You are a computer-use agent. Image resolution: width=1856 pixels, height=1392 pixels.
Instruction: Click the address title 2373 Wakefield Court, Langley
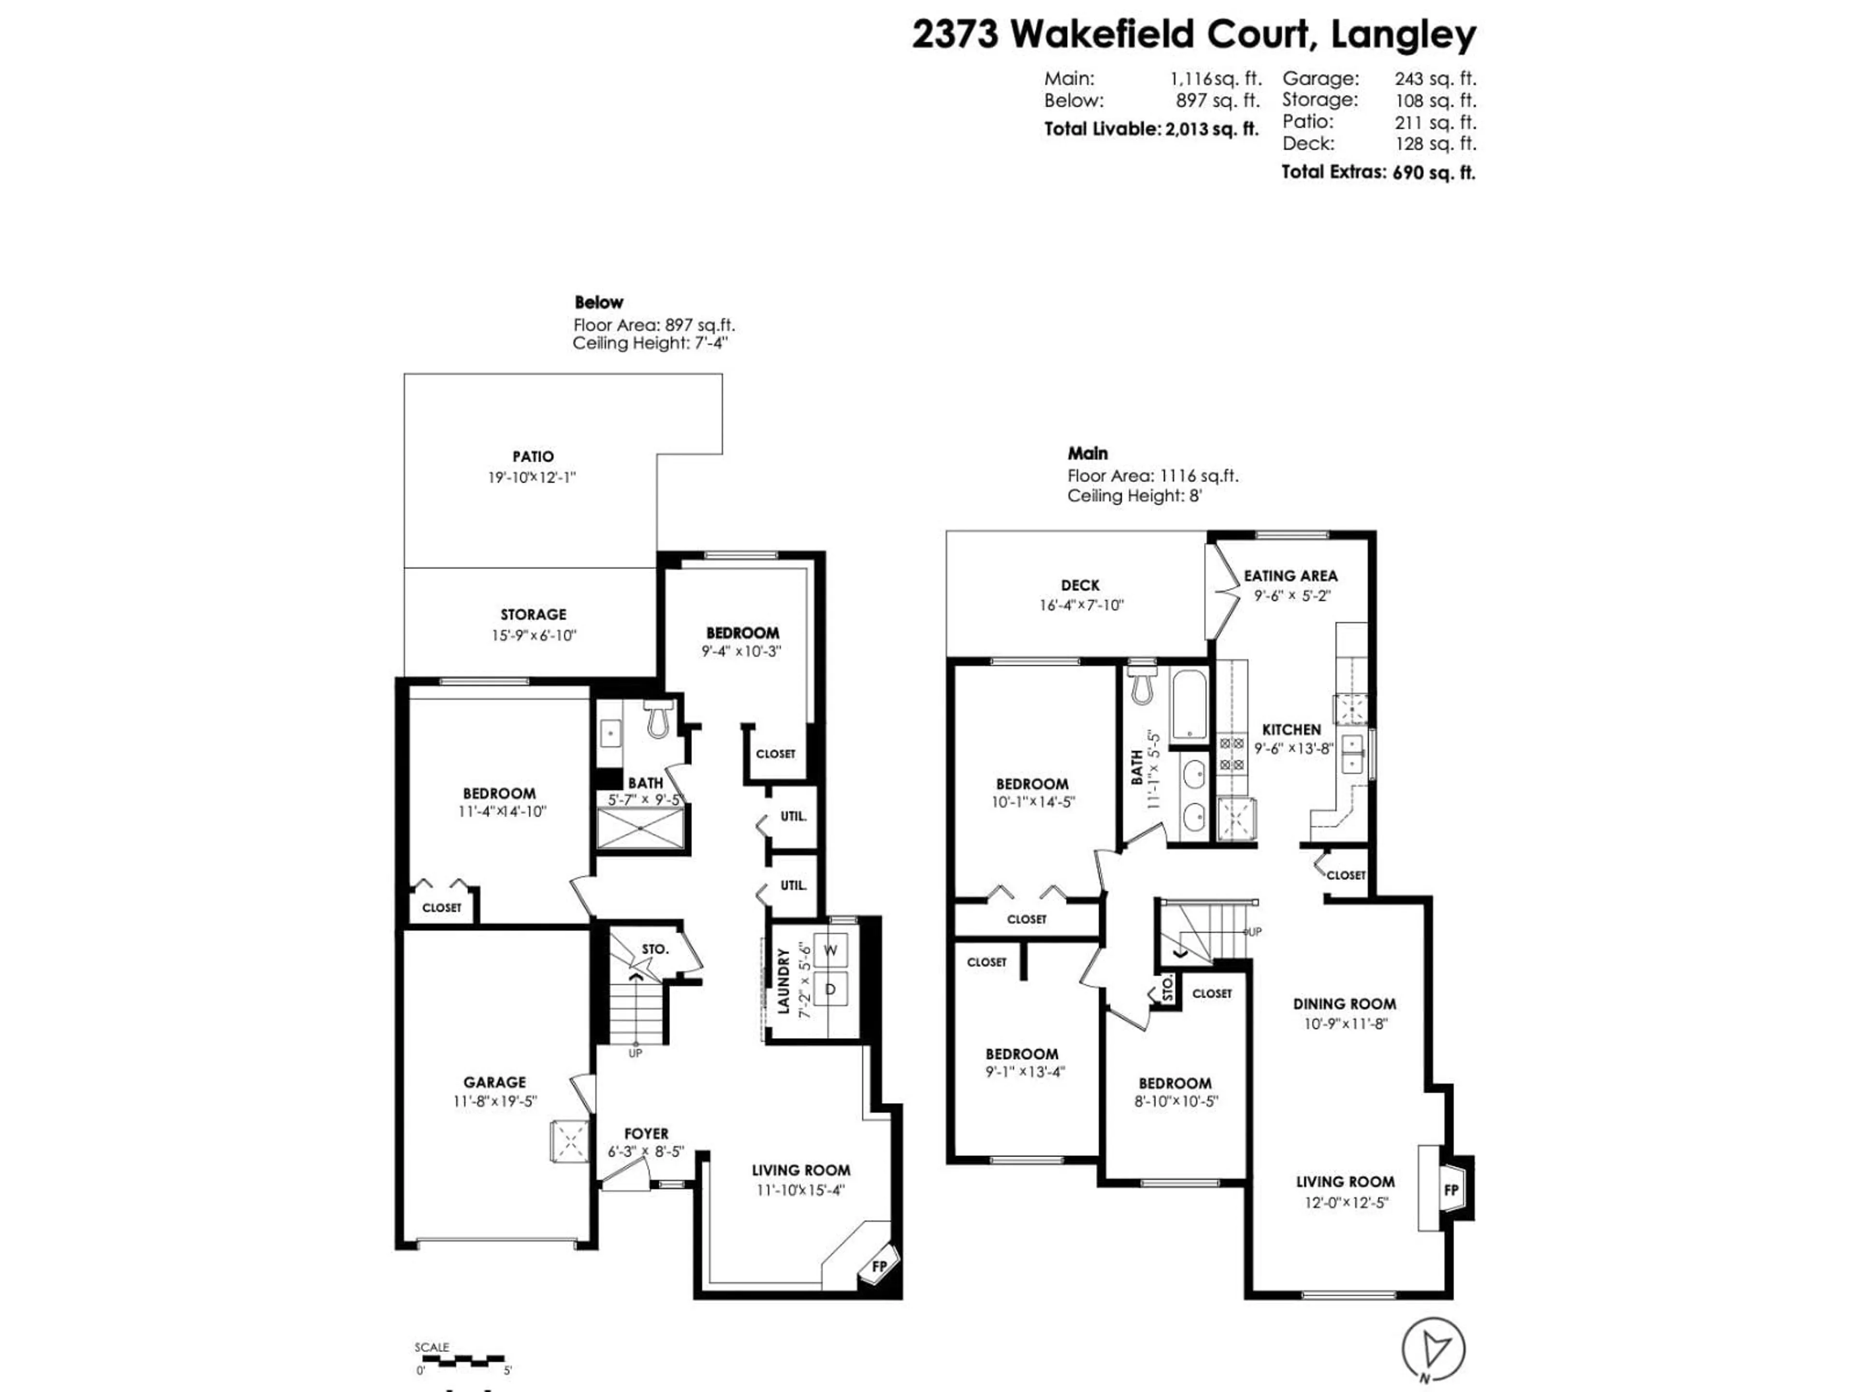coord(1193,35)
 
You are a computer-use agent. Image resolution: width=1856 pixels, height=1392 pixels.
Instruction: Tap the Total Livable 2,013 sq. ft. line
coord(1151,129)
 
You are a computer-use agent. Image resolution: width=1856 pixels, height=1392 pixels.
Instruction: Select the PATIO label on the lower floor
coord(533,456)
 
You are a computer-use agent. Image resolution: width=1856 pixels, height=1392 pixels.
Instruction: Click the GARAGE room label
coord(494,1082)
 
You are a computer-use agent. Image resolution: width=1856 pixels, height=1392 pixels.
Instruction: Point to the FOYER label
coord(646,1133)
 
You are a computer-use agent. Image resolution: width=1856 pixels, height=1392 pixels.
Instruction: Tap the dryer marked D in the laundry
coord(831,990)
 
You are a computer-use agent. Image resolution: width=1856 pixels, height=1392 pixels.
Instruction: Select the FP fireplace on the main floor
coord(1451,1190)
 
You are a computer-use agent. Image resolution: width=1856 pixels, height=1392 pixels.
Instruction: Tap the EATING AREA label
coord(1290,576)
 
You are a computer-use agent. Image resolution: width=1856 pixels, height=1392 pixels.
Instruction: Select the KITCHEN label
coord(1291,730)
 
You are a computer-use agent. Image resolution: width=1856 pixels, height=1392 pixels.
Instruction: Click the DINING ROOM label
coord(1344,1003)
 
